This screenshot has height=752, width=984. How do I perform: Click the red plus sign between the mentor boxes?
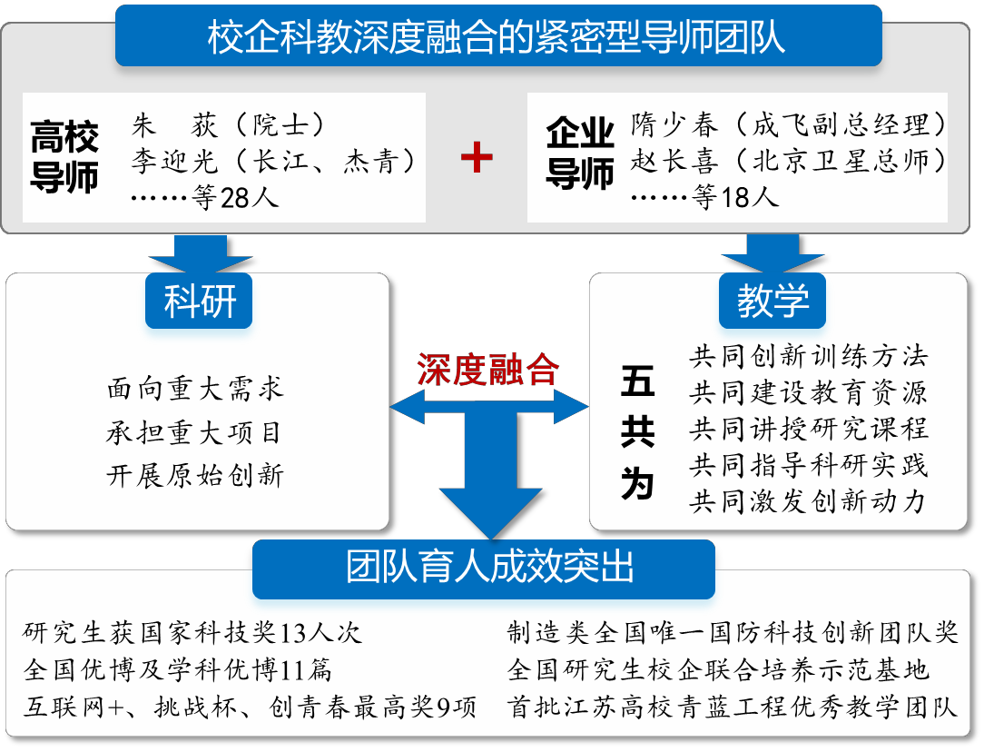point(477,157)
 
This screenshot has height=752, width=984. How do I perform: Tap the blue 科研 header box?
point(198,301)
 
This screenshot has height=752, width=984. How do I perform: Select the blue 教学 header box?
point(772,301)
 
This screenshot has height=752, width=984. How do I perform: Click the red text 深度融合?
point(487,370)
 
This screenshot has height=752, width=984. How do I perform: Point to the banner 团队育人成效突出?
point(483,568)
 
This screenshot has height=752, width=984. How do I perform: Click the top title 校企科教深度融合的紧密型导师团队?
point(498,36)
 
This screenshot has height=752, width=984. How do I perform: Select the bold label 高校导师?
point(64,157)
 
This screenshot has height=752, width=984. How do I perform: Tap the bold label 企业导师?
point(579,153)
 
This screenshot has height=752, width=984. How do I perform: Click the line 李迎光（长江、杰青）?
point(273,162)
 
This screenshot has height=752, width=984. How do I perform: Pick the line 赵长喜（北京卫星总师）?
point(788,162)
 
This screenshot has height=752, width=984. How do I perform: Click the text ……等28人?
point(204,198)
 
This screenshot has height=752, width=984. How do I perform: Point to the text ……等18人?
point(704,198)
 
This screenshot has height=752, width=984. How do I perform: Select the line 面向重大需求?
point(195,390)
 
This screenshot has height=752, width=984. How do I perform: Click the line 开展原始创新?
point(195,476)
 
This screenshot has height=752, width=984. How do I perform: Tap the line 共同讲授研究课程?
point(808,430)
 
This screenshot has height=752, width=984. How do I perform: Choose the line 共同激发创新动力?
point(807,502)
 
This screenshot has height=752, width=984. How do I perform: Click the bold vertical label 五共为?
point(637,433)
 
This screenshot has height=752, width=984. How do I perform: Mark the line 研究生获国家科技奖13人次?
point(192,633)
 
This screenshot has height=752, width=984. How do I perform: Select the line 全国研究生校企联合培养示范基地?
point(718,669)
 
